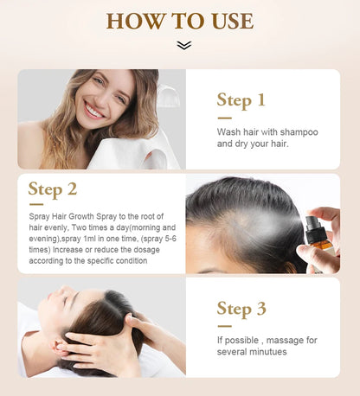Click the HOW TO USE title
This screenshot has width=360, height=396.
point(180,22)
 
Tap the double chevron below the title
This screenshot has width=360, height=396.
point(183,45)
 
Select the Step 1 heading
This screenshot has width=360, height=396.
point(241,100)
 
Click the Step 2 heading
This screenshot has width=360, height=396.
point(52,189)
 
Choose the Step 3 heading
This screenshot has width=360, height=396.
point(241,309)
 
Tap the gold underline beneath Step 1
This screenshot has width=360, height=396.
point(224,118)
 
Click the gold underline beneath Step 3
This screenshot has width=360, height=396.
point(224,326)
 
